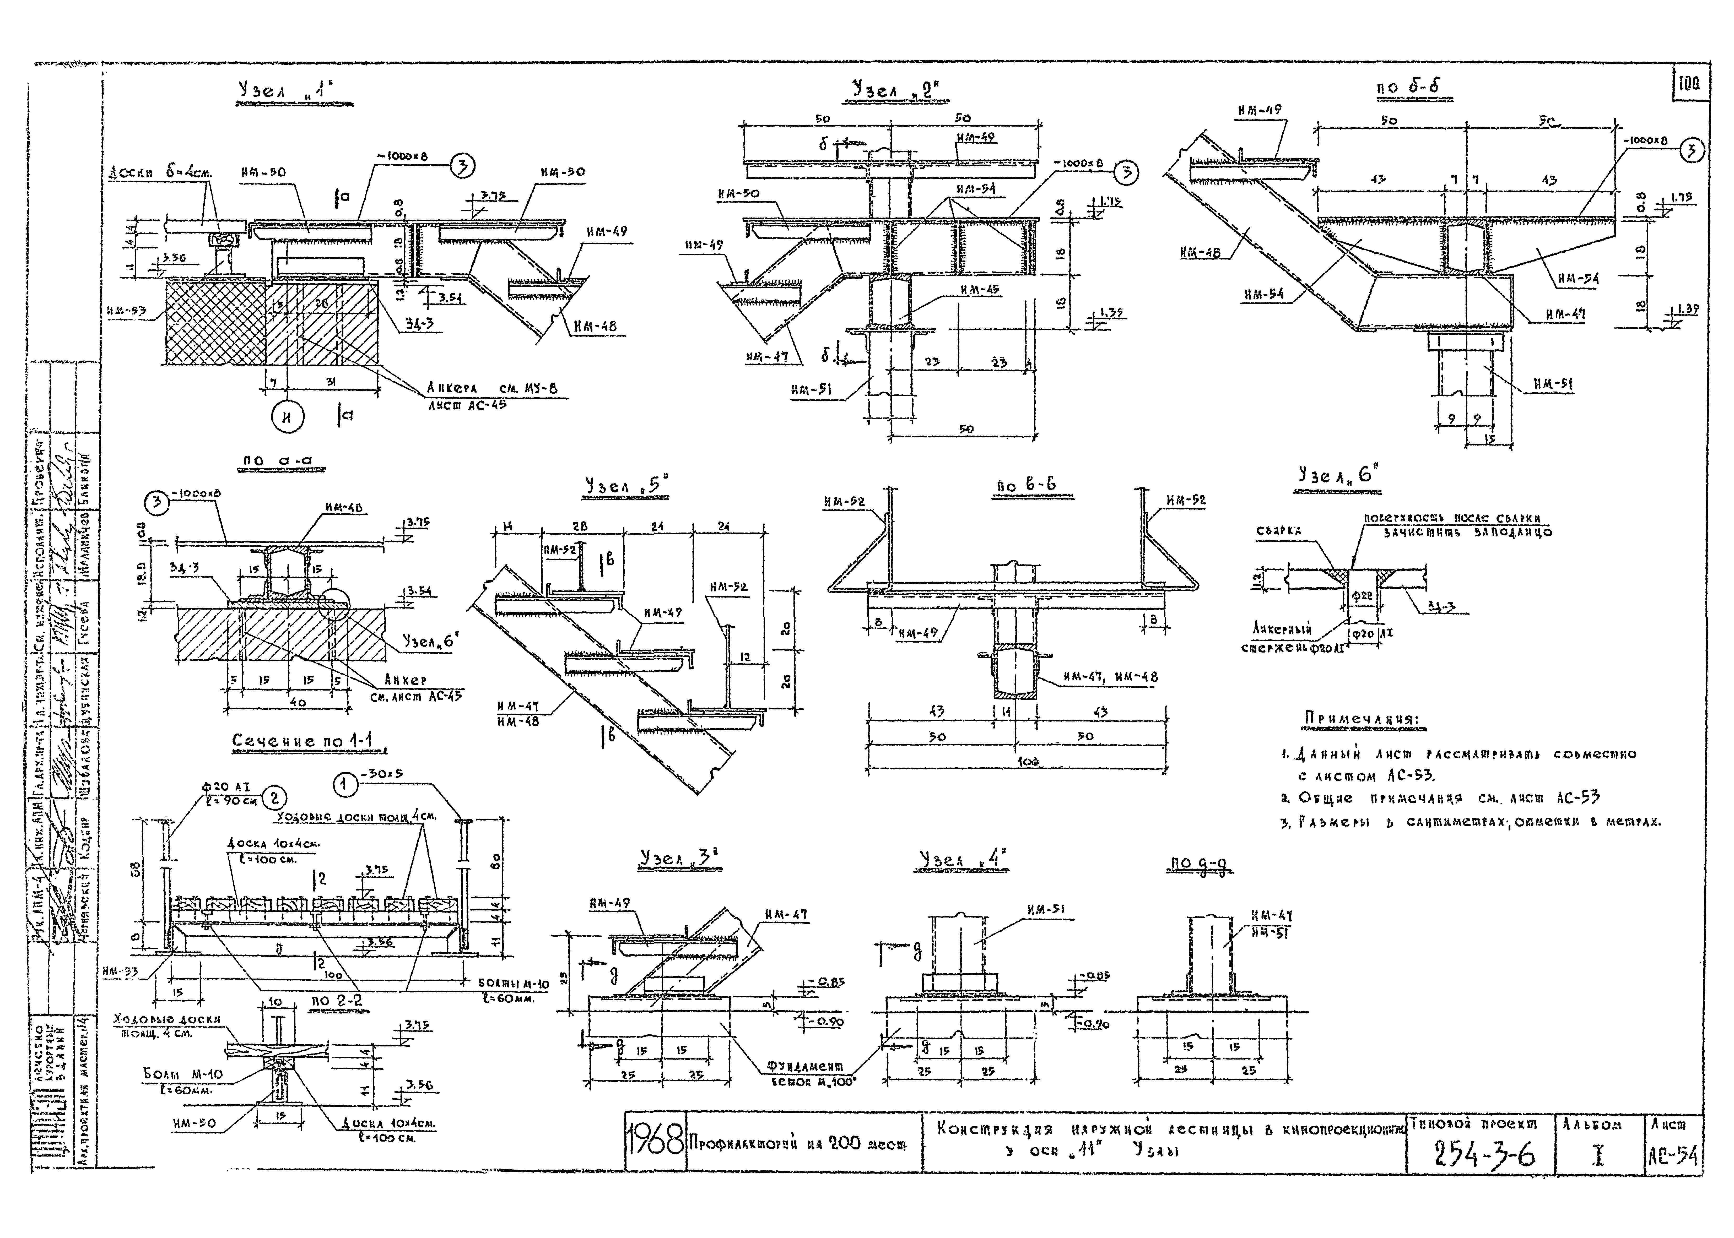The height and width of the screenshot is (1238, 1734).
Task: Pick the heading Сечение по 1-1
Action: [305, 741]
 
